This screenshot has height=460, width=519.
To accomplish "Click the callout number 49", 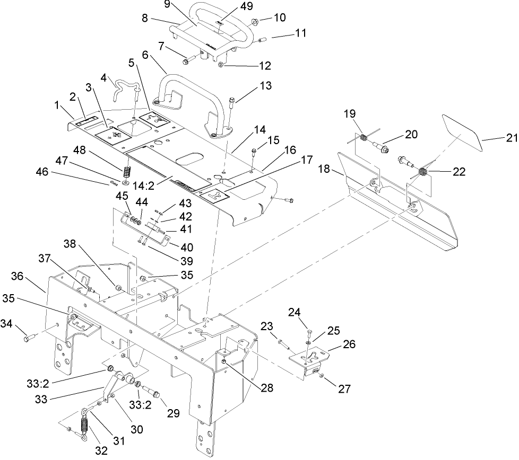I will click(247, 6).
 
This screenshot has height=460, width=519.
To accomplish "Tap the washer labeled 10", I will click(254, 22).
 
